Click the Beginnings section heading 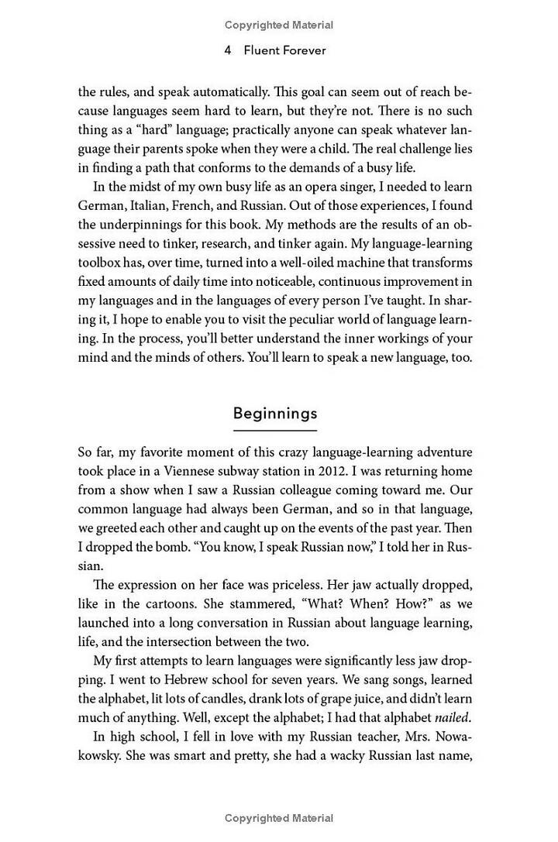[x=275, y=413]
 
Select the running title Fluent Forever [x=285, y=52]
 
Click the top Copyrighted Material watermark [x=279, y=25]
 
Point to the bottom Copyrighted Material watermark [x=279, y=818]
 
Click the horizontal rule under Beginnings [x=275, y=429]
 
